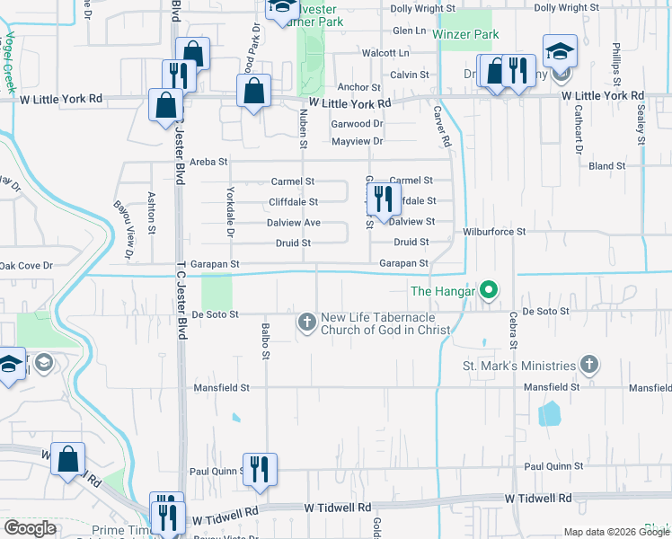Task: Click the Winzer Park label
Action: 465,34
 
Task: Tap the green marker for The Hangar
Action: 489,290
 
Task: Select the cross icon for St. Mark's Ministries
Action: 588,365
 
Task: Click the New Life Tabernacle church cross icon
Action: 306,322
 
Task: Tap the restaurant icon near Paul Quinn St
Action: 260,469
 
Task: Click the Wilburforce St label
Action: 493,232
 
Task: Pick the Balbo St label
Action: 266,341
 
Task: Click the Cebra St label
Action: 514,331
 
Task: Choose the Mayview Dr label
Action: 357,141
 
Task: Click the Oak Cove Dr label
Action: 27,265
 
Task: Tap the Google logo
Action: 31,528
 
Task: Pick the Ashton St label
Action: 152,212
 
